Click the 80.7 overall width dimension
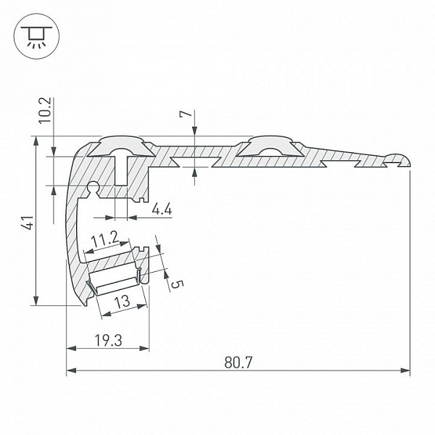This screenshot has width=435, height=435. point(239,362)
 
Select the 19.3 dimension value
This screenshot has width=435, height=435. point(108,340)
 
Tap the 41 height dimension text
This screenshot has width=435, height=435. point(28,223)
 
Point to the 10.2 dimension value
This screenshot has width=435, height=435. point(45,110)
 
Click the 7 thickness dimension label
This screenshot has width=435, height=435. point(186,114)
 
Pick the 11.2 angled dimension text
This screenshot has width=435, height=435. point(105,239)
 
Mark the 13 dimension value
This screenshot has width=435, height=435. point(123,302)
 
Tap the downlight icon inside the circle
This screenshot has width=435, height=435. point(36,36)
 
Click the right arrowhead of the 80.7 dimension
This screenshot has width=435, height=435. point(405,370)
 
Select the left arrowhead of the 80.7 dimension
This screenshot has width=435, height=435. point(71,370)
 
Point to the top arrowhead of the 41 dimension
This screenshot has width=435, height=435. point(36,141)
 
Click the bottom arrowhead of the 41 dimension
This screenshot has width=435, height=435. point(36,301)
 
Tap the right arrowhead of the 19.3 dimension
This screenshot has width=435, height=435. point(144,348)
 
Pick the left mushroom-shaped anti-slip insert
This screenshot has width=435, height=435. point(121,146)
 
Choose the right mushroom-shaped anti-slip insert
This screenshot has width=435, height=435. point(269,146)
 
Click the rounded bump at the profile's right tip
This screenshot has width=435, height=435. point(397,159)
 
